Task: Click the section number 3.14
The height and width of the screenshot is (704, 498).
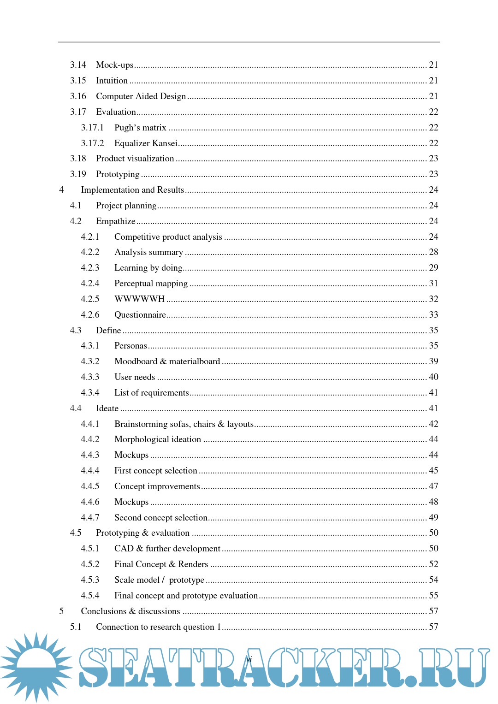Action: click(78, 65)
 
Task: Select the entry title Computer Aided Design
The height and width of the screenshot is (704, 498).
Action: click(141, 96)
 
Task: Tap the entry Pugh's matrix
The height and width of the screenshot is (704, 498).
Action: click(140, 128)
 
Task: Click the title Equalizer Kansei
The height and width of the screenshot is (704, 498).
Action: click(146, 143)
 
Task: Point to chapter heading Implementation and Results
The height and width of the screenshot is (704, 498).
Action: click(132, 190)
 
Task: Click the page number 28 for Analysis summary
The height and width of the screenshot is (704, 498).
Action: click(433, 252)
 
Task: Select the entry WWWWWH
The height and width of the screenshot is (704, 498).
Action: click(139, 299)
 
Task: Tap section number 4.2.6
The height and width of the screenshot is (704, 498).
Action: click(90, 315)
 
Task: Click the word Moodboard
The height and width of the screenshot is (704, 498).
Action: click(136, 361)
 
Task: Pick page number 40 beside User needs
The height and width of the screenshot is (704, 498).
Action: click(433, 377)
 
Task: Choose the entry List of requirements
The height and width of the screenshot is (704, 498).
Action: click(151, 393)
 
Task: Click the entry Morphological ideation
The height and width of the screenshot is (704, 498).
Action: click(158, 439)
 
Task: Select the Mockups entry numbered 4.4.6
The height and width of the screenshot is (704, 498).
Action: click(131, 502)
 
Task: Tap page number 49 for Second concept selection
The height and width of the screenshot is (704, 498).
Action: click(433, 518)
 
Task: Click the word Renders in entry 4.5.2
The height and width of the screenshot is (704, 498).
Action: click(193, 564)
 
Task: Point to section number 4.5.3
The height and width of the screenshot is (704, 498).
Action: click(90, 580)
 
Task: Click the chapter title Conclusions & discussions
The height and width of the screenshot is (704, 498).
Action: click(130, 611)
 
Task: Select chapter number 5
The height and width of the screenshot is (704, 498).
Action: click(61, 611)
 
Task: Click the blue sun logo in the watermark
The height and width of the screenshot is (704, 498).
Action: click(36, 666)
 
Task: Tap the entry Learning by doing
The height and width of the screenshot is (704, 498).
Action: click(148, 268)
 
